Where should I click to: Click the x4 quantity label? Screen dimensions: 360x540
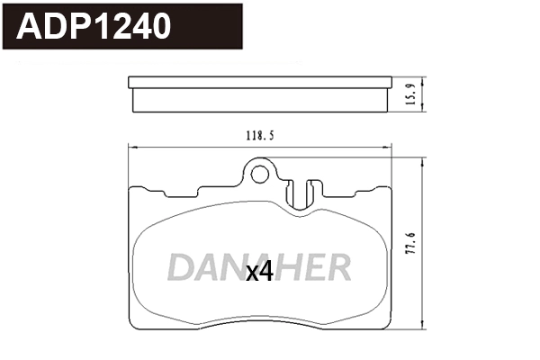pos(259,271)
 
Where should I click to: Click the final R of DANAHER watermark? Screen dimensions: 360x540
pos(337,267)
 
